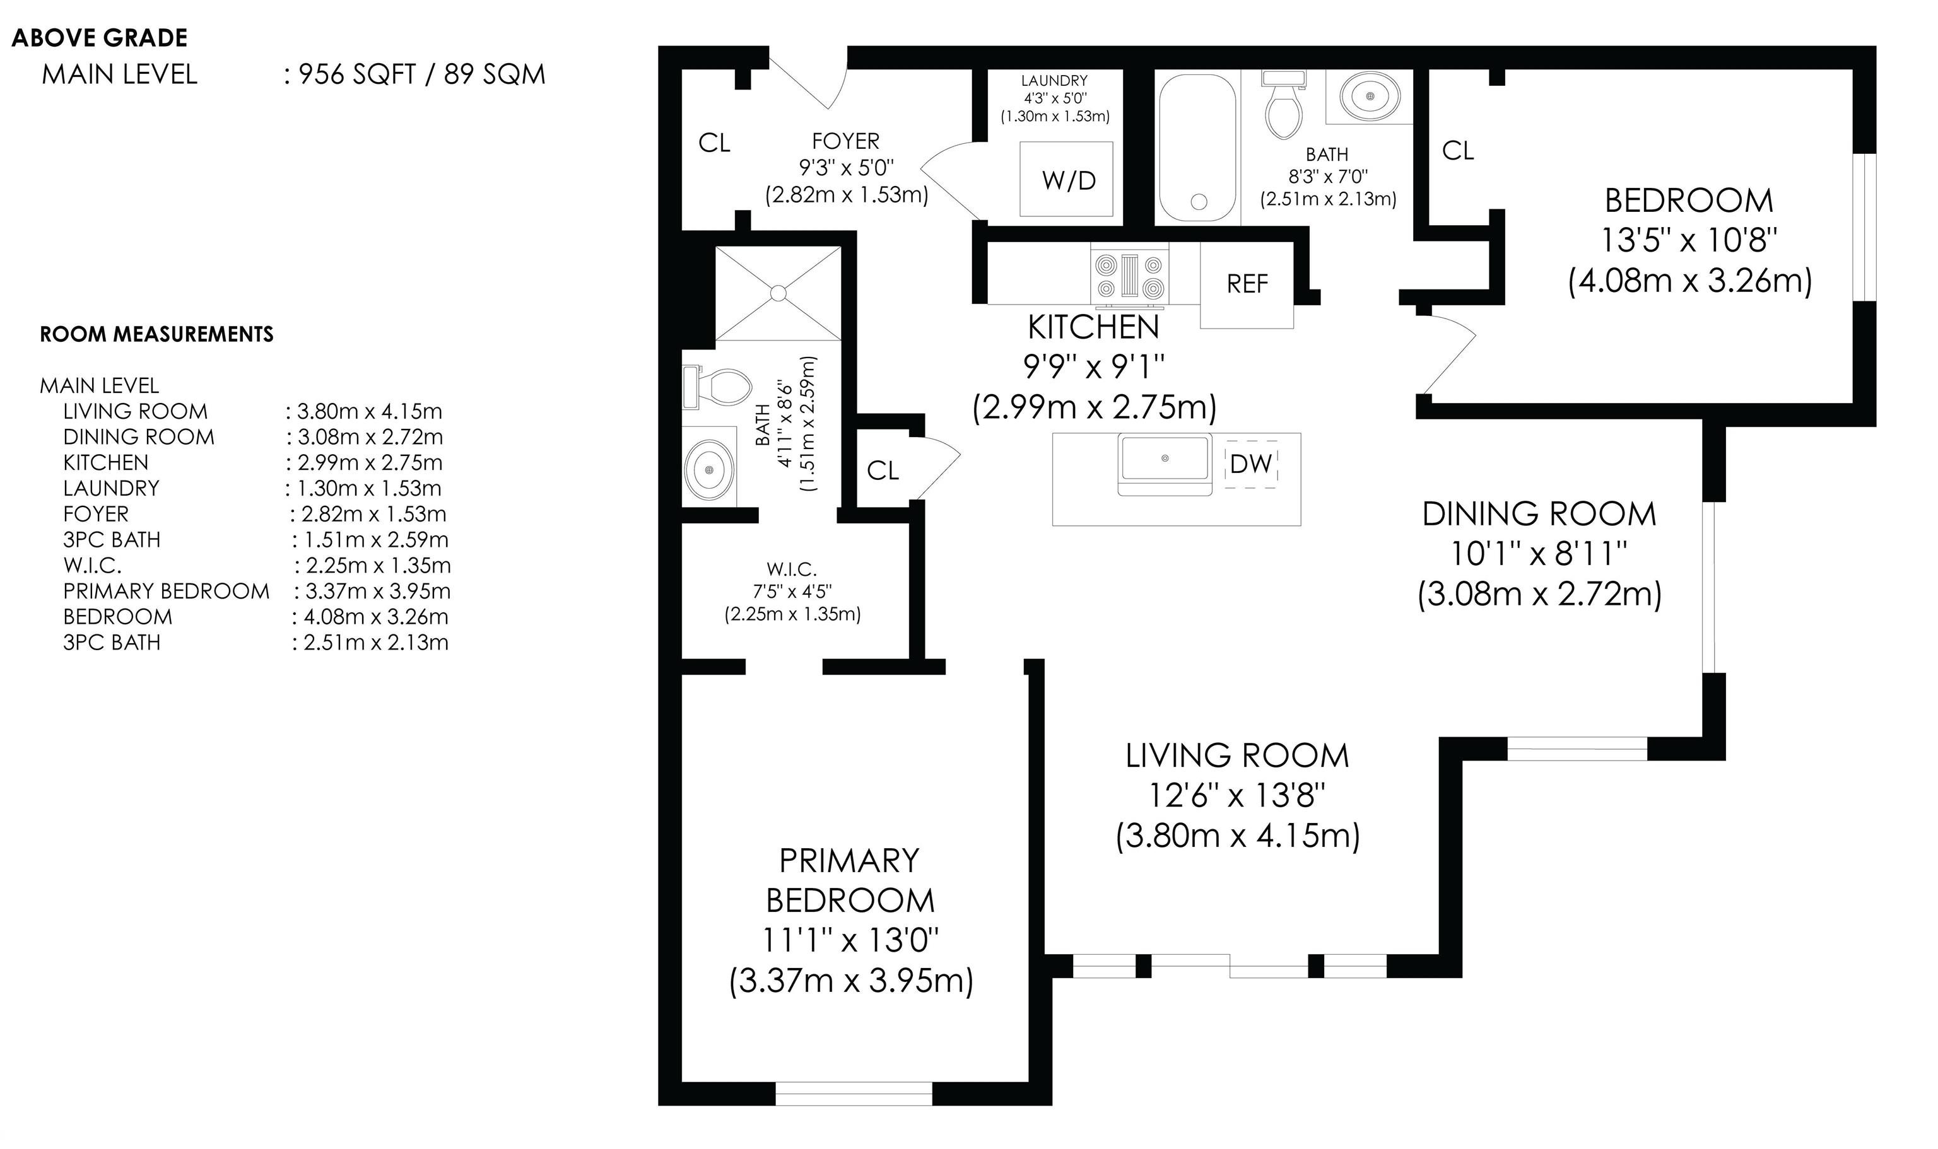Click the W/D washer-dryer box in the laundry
coord(1067,179)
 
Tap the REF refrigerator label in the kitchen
coord(1247,284)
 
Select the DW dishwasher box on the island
coord(1251,464)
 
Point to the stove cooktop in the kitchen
coord(1130,275)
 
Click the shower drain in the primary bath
coord(778,293)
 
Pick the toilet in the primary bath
coord(717,387)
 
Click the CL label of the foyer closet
coord(714,143)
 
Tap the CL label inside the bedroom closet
coord(1458,150)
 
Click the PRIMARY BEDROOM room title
coord(850,880)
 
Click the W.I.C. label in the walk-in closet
coord(792,570)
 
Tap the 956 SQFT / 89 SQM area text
coord(422,74)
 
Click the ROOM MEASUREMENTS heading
coord(156,334)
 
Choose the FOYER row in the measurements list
coord(255,513)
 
